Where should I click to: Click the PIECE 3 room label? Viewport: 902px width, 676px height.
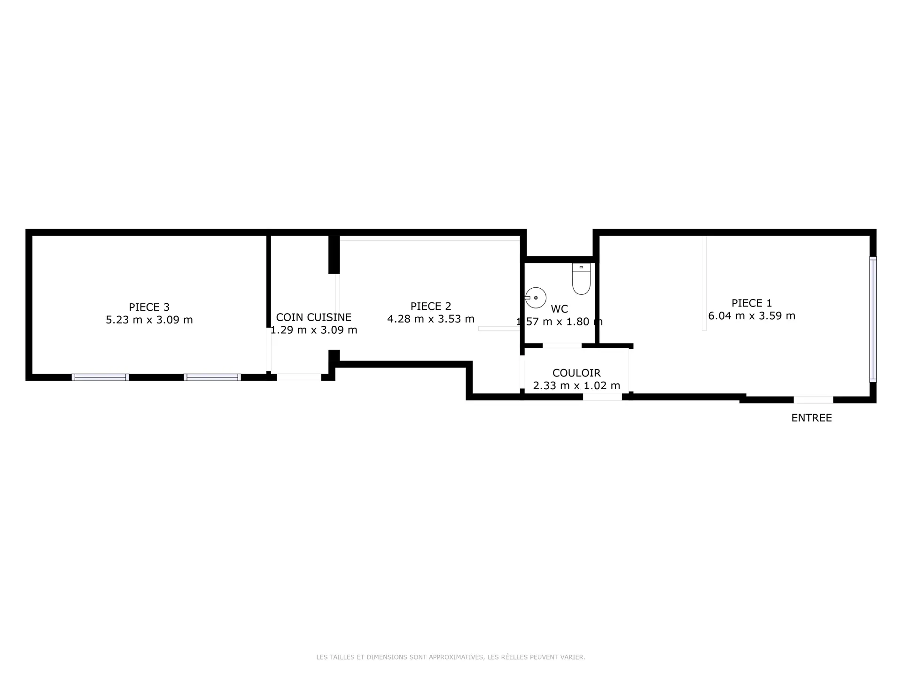point(149,307)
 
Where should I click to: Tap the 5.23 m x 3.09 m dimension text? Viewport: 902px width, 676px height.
point(149,320)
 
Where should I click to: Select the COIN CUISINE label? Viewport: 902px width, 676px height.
point(313,317)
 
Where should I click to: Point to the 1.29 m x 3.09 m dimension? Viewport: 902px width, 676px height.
point(313,330)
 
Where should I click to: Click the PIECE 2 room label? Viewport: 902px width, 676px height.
point(431,306)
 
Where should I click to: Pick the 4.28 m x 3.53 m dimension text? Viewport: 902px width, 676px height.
point(431,319)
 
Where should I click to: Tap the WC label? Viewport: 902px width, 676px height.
point(559,309)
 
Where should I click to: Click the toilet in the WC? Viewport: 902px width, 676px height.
point(581,279)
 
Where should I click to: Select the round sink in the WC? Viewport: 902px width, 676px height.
point(536,298)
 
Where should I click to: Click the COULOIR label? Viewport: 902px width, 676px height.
point(576,373)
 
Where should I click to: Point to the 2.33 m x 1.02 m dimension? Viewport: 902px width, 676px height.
point(576,385)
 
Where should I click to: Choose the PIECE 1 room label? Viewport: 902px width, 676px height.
point(752,303)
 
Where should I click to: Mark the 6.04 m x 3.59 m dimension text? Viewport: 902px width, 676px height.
point(752,315)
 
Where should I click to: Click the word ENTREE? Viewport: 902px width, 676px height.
point(811,418)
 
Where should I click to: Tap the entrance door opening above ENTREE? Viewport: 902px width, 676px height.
point(813,400)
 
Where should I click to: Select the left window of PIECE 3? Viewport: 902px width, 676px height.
point(100,377)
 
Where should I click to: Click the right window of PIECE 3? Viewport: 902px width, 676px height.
point(212,377)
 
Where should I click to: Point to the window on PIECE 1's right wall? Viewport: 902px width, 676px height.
point(873,319)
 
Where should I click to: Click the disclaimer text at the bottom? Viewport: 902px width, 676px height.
point(451,657)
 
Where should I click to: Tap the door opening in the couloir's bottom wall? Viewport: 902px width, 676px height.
point(602,397)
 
